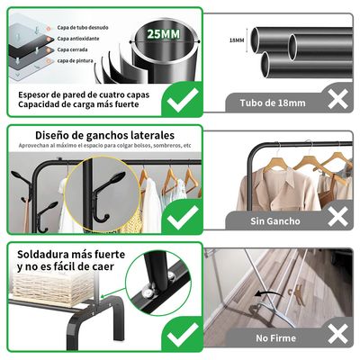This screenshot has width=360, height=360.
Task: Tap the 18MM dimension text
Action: (237, 40)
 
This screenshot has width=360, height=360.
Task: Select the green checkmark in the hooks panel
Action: (184, 214)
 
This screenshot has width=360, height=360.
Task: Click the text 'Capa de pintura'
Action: (80, 61)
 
